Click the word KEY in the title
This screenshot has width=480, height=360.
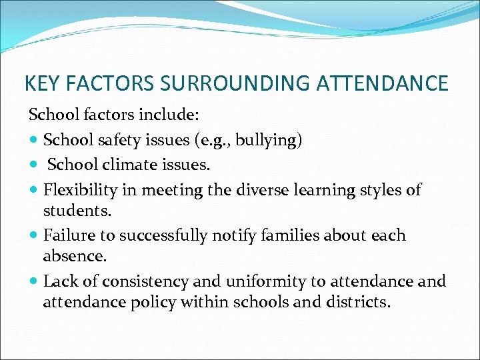pos(40,83)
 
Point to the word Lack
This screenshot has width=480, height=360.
pos(59,281)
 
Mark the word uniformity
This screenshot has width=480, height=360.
pos(258,281)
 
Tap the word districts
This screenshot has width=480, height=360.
pos(358,302)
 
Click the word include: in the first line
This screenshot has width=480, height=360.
pos(169,115)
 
